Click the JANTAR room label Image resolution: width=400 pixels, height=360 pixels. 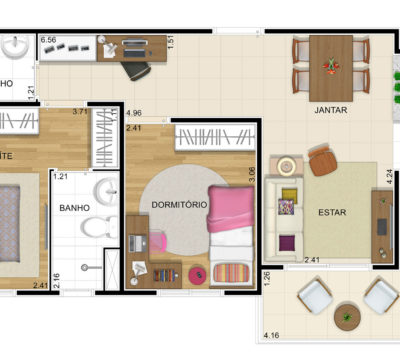pos(329,110)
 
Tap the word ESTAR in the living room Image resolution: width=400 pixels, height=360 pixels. pos(331,212)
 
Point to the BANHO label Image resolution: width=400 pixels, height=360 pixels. pos(74,208)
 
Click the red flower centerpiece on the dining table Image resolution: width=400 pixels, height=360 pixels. pos(330,67)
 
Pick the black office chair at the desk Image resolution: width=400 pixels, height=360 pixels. pos(136,69)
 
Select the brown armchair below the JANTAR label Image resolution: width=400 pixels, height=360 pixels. pos(320,159)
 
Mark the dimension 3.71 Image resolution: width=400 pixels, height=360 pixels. pos(80,113)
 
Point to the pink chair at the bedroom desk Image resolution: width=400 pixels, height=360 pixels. pos(159,241)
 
